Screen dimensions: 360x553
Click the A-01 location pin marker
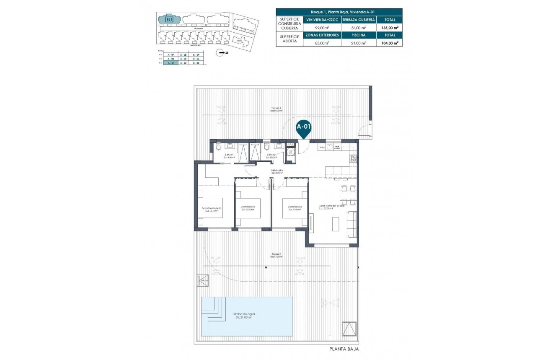tap(304, 128)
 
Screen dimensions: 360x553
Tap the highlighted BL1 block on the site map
tap(169, 19)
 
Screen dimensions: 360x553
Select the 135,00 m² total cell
tap(390, 28)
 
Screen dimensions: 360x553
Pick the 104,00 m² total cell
tap(390, 42)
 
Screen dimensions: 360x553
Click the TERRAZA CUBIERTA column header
tap(358, 20)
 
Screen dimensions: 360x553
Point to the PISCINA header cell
tap(358, 35)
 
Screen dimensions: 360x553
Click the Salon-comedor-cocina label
tap(331, 207)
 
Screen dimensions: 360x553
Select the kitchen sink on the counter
tap(330, 147)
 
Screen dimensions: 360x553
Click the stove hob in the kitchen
tap(353, 158)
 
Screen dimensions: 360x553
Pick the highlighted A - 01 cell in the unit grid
tap(171, 62)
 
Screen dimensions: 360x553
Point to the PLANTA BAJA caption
tap(344, 349)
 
